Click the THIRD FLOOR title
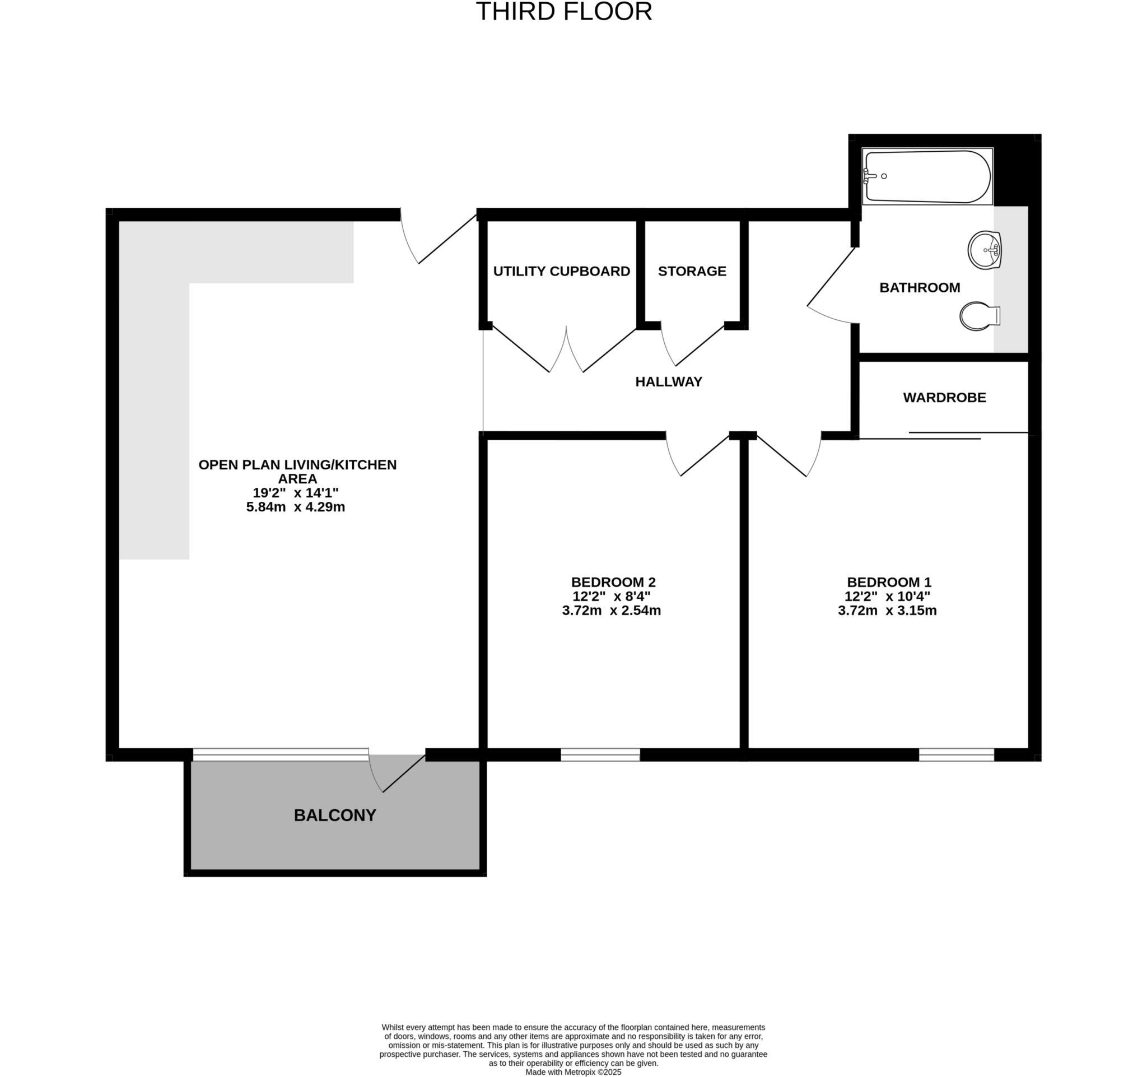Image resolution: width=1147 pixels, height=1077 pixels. (x=563, y=12)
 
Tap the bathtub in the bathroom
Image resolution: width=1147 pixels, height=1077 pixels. (x=927, y=176)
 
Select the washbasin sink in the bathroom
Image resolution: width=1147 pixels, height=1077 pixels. (x=985, y=250)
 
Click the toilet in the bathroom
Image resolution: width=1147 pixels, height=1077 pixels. (x=978, y=316)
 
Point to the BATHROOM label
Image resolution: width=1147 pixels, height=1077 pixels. (x=919, y=287)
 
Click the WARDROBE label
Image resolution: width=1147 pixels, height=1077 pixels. (x=944, y=398)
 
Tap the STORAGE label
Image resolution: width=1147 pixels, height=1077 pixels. (x=692, y=271)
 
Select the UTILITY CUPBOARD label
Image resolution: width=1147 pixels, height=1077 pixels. (x=561, y=271)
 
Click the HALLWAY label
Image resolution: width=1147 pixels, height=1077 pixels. (x=669, y=381)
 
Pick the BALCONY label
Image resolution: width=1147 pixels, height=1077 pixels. (x=335, y=815)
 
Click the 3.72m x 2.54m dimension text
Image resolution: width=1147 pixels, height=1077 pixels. (x=611, y=610)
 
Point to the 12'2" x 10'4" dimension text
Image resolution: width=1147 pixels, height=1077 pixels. (x=887, y=596)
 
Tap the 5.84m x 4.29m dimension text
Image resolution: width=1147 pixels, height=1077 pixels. (x=295, y=507)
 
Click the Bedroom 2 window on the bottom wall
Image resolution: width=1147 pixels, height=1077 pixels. (x=600, y=754)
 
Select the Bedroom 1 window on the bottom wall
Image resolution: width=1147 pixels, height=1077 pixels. (x=956, y=754)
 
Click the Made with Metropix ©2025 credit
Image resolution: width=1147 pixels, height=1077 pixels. (x=573, y=1072)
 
